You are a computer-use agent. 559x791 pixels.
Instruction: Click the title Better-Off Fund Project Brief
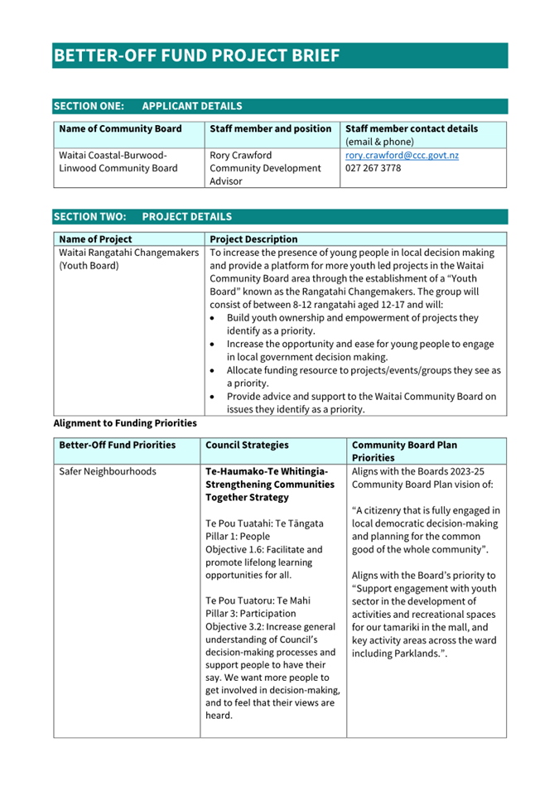pyautogui.click(x=197, y=55)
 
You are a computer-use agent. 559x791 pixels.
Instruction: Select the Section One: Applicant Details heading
pyautogui.click(x=148, y=106)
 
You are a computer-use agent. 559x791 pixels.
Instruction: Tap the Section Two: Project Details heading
pyautogui.click(x=142, y=217)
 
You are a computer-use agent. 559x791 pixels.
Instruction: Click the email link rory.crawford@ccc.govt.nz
pyautogui.click(x=402, y=156)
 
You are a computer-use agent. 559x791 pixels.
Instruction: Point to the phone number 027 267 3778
pyautogui.click(x=373, y=168)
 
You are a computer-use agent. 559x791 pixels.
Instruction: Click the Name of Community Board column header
pyautogui.click(x=120, y=129)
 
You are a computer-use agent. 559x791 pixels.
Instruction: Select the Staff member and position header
pyautogui.click(x=270, y=129)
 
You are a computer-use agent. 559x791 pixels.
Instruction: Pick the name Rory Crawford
pyautogui.click(x=241, y=156)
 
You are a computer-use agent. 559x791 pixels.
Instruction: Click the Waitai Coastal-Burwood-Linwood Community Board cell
pyautogui.click(x=118, y=162)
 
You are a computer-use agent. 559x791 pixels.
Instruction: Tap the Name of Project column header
pyautogui.click(x=96, y=239)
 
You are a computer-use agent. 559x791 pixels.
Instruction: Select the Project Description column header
pyautogui.click(x=253, y=239)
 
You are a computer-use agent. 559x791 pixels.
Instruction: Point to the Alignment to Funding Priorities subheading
pyautogui.click(x=125, y=423)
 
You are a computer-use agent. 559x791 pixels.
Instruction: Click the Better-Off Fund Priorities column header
pyautogui.click(x=118, y=446)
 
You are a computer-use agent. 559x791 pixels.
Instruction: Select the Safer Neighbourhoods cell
pyautogui.click(x=107, y=472)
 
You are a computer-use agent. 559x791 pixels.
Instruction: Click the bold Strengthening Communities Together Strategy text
pyautogui.click(x=267, y=485)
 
